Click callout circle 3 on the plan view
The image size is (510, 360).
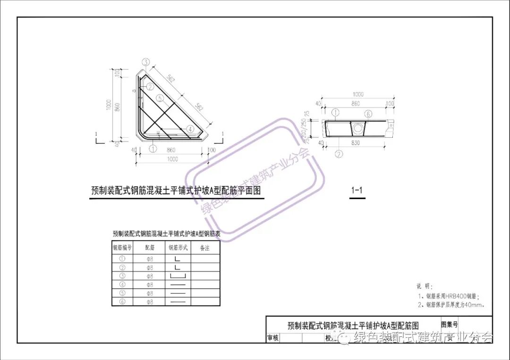[146, 62]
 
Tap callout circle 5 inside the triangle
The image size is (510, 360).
[161, 98]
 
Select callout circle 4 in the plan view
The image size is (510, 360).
[189, 128]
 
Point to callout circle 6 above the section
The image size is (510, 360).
[368, 113]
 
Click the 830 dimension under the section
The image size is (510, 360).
[356, 143]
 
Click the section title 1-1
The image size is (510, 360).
[357, 191]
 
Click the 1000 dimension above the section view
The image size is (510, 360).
[359, 94]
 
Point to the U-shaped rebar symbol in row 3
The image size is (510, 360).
[178, 276]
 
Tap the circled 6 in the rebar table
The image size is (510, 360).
[122, 301]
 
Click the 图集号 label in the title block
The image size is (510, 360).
[449, 325]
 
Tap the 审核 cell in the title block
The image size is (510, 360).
[273, 338]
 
